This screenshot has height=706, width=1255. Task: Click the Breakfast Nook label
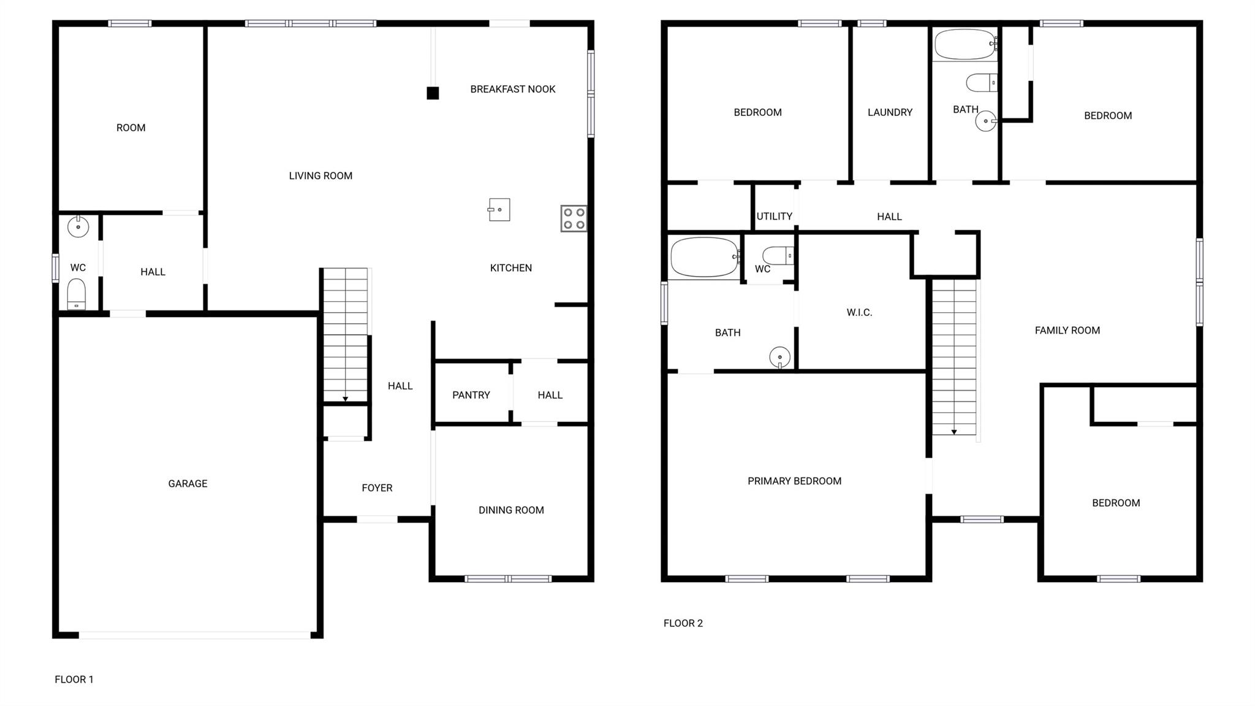[x=513, y=90]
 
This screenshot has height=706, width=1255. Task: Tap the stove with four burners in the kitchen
[x=574, y=218]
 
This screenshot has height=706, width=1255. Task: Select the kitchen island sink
[x=499, y=210]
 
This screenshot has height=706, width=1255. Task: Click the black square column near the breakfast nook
[x=433, y=93]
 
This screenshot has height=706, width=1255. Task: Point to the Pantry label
[x=471, y=395]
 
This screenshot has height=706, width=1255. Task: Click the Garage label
[x=188, y=484]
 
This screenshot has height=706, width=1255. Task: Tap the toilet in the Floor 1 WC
[x=77, y=295]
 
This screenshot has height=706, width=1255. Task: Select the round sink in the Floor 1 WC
[x=78, y=227]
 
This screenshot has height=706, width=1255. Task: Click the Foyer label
[x=377, y=488]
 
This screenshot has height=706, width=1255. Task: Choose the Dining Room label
[x=511, y=510]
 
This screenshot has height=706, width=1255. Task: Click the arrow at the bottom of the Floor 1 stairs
[x=346, y=399]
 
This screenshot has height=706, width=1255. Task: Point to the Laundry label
[x=890, y=112]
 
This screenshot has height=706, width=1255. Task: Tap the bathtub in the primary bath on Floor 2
[x=705, y=258]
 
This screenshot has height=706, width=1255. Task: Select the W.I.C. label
[x=859, y=313]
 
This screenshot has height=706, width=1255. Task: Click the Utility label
[x=774, y=217]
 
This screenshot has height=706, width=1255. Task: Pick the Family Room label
[x=1067, y=331]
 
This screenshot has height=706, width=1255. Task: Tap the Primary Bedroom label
[x=794, y=482]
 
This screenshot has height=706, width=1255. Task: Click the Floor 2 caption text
[x=683, y=623]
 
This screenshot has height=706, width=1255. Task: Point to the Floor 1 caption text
[x=74, y=680]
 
